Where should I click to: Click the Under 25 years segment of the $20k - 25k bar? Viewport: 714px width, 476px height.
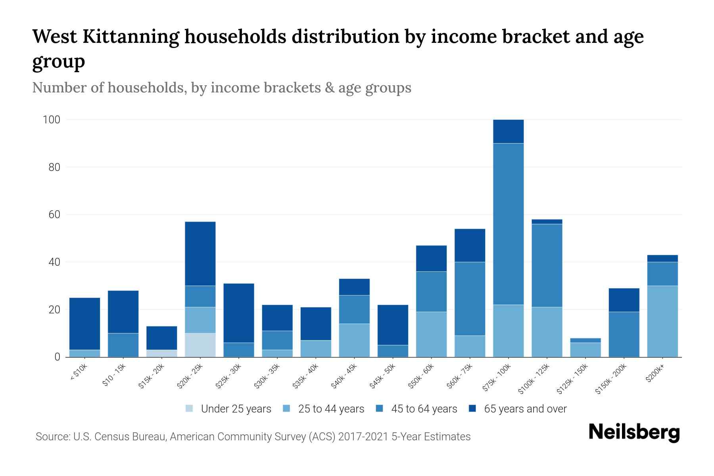pyautogui.click(x=200, y=345)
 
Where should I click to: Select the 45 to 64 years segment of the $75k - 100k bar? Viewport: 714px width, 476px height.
pyautogui.click(x=508, y=224)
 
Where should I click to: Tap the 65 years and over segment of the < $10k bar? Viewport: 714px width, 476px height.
pyautogui.click(x=84, y=324)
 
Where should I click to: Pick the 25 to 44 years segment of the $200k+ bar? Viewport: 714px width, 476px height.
pyautogui.click(x=662, y=321)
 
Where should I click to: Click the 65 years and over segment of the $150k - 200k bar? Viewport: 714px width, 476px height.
pyautogui.click(x=624, y=300)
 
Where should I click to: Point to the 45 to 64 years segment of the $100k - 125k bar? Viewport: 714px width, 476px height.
pyautogui.click(x=547, y=265)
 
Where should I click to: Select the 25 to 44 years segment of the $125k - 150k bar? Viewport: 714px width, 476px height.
pyautogui.click(x=585, y=349)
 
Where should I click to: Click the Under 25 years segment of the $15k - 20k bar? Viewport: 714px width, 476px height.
pyautogui.click(x=162, y=353)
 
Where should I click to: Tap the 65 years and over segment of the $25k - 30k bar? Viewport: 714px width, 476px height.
pyautogui.click(x=239, y=313)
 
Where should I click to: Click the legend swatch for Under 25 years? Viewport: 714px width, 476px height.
pyautogui.click(x=190, y=409)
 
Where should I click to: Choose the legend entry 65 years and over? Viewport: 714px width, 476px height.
pyautogui.click(x=525, y=409)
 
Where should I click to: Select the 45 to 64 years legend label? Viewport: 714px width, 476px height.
pyautogui.click(x=424, y=409)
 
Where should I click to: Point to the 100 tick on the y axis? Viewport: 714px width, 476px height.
pyautogui.click(x=51, y=119)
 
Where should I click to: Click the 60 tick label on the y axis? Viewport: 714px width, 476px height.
pyautogui.click(x=54, y=215)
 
